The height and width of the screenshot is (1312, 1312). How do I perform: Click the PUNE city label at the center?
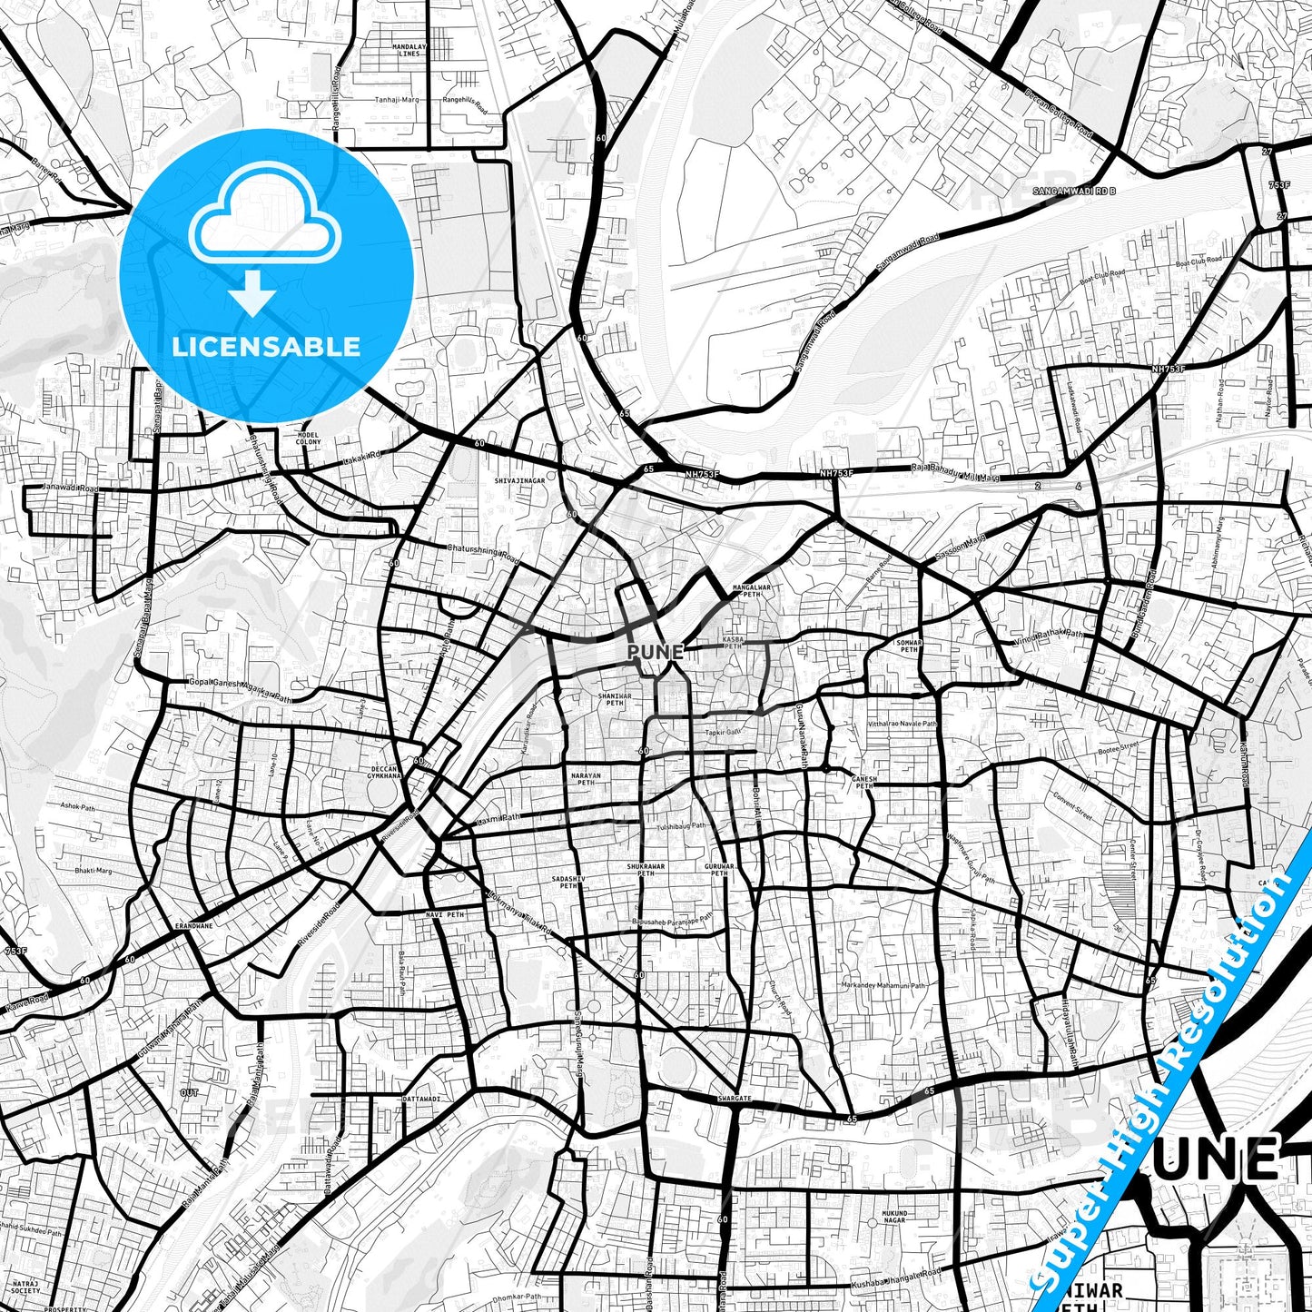(655, 652)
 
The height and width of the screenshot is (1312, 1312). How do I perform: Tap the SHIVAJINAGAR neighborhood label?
(519, 479)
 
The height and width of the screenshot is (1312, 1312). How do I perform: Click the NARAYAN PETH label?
(587, 779)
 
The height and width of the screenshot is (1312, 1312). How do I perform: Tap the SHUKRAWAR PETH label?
(646, 870)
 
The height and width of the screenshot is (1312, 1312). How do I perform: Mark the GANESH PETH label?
(864, 782)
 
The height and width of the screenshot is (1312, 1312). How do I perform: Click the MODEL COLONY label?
(310, 439)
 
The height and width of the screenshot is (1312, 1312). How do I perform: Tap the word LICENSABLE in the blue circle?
(266, 346)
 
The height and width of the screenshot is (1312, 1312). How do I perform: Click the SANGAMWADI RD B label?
(1074, 192)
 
